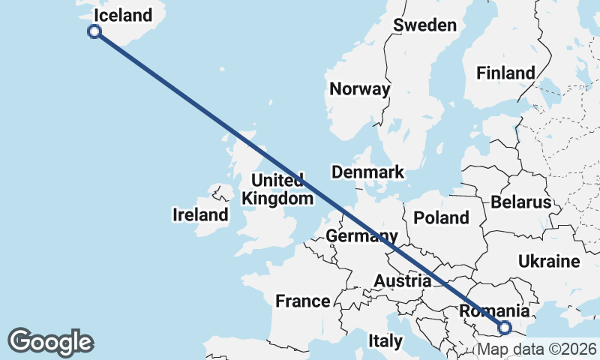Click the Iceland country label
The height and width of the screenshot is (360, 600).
(x=123, y=15)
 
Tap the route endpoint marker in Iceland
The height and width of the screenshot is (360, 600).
(x=94, y=31)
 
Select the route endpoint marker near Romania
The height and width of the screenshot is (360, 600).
(x=504, y=327)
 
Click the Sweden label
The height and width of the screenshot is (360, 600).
(x=424, y=25)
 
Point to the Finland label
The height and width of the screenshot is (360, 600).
(x=505, y=73)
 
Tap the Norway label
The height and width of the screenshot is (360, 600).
(x=360, y=89)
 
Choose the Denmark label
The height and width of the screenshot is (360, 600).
(x=367, y=172)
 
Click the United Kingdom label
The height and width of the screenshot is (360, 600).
(x=277, y=190)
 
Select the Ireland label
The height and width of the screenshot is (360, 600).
(x=200, y=215)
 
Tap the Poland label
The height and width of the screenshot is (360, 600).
(x=441, y=218)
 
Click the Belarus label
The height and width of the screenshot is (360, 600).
(x=521, y=202)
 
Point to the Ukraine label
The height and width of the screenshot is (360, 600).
(x=549, y=262)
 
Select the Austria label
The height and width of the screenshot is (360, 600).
(x=403, y=281)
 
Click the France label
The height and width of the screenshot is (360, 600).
(x=303, y=301)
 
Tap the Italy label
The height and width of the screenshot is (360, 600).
(x=385, y=341)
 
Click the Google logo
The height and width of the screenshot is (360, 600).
(x=50, y=342)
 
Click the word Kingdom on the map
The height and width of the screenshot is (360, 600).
(x=277, y=199)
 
